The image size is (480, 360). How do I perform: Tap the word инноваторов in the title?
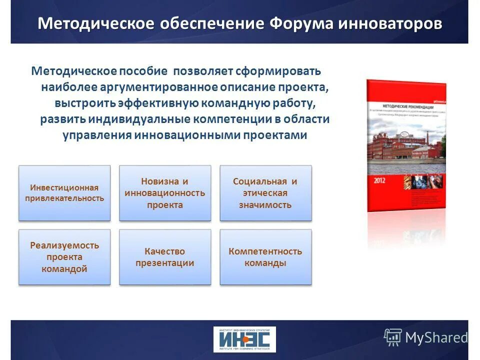coord(390,23)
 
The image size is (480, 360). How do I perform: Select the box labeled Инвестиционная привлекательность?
coord(64,193)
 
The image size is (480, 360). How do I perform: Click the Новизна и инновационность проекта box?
coord(165,193)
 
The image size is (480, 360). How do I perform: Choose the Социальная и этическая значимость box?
coord(265,193)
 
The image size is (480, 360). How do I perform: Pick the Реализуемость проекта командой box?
coord(64,257)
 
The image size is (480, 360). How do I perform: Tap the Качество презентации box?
coord(165,257)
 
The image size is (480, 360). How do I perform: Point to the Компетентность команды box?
coord(265,257)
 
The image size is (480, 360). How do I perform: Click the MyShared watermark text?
coord(436,338)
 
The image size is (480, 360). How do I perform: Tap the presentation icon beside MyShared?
coord(392,337)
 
